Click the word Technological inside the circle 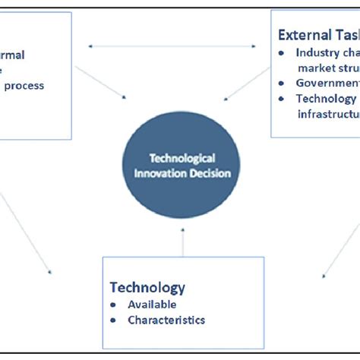(x=180, y=158)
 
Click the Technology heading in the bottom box (x=147, y=287)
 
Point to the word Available (x=151, y=304)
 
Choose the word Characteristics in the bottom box (x=166, y=320)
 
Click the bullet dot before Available (x=115, y=304)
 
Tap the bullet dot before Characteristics (x=115, y=320)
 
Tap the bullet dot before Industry (x=283, y=53)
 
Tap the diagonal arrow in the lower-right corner (x=338, y=243)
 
